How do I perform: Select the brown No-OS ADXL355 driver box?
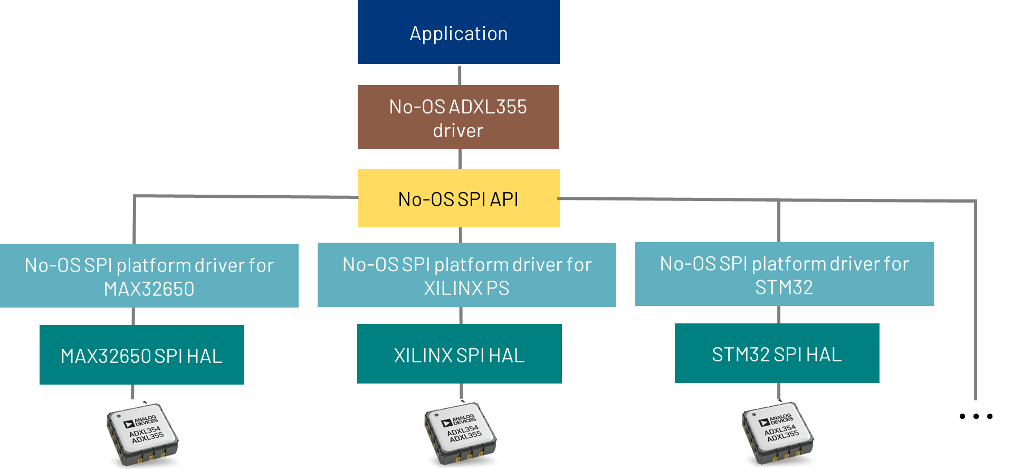pos(458,117)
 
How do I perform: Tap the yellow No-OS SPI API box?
pos(458,199)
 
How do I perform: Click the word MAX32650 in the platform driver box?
pos(149,289)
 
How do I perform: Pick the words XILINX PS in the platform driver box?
pos(466,288)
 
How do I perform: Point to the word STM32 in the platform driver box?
pos(783,288)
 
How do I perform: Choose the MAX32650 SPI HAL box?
pos(141,355)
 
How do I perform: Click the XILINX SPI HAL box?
pos(459,354)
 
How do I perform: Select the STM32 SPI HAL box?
pos(777,353)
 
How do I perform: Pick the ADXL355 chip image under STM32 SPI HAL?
pos(777,433)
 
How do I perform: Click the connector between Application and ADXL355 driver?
pos(460,75)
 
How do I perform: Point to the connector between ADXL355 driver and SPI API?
pos(460,159)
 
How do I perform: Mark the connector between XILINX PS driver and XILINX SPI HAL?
pos(461,315)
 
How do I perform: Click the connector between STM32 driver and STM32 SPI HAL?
pos(779,315)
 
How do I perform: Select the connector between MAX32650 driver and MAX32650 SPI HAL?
pos(133,316)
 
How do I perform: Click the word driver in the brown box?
pos(458,130)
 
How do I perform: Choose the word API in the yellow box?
pos(504,199)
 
